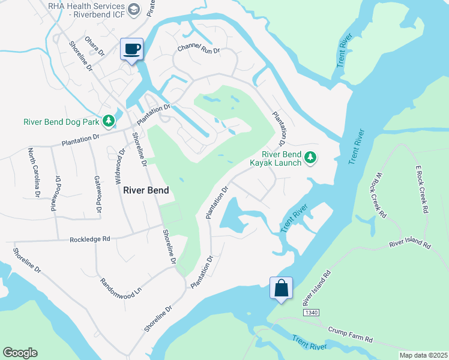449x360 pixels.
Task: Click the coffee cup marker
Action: tap(131, 49)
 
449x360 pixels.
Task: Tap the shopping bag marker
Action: tap(281, 288)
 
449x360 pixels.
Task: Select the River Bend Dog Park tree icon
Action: tap(109, 122)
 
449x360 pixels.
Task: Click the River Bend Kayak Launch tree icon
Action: tap(310, 158)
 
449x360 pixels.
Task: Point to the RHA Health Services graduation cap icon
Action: tap(134, 9)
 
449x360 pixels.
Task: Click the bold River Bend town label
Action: tap(146, 190)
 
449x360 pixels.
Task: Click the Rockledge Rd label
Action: tap(90, 239)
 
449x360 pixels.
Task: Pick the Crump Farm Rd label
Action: tap(351, 334)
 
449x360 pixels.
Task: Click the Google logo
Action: tap(20, 353)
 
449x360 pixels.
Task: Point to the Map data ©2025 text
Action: tap(423, 355)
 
